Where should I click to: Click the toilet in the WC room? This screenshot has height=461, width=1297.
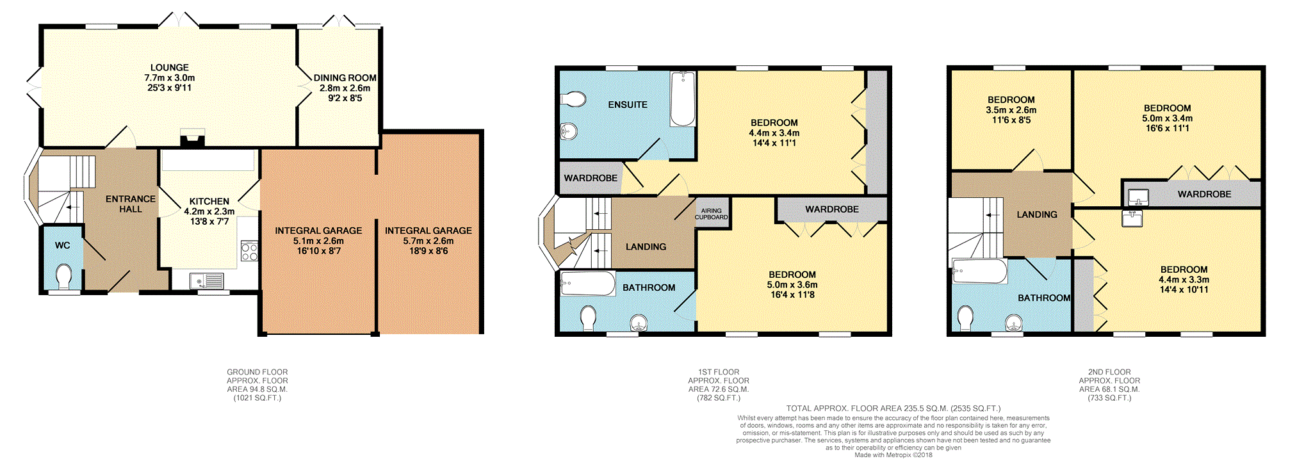click(x=63, y=277)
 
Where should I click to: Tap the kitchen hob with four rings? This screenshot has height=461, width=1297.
click(x=249, y=251)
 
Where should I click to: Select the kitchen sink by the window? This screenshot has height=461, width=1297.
click(x=206, y=280)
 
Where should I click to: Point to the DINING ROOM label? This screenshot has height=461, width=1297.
click(x=345, y=78)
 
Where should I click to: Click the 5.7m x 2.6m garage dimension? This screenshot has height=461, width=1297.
click(x=428, y=241)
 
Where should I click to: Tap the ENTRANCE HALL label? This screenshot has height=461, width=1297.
click(x=130, y=204)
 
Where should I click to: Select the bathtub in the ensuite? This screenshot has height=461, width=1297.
click(x=683, y=99)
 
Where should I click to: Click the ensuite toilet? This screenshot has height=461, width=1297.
click(x=573, y=99)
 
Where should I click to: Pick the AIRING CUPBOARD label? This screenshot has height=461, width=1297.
click(x=711, y=214)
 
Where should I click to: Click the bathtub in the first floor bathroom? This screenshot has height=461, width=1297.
click(x=587, y=283)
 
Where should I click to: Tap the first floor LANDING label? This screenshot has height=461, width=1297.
click(x=646, y=247)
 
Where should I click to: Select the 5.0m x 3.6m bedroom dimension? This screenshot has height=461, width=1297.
click(x=792, y=284)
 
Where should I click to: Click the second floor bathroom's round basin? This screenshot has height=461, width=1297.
click(x=1013, y=322)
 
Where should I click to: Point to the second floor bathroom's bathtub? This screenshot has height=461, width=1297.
click(x=979, y=271)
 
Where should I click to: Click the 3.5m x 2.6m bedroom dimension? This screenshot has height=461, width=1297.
click(x=1011, y=109)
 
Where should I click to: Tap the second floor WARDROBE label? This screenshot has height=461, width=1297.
click(x=1204, y=194)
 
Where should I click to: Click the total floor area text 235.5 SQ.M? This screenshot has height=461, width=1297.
click(x=893, y=408)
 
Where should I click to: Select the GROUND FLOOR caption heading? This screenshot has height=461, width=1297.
click(x=257, y=372)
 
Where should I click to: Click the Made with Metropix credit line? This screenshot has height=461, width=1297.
click(x=893, y=455)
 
